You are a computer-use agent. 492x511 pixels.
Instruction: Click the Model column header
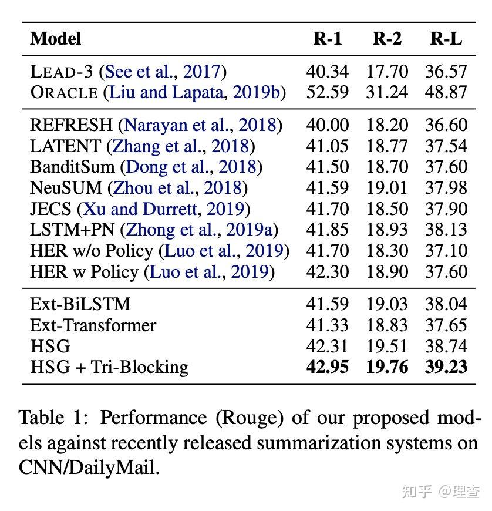point(55,39)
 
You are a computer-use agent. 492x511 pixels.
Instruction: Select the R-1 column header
point(327,39)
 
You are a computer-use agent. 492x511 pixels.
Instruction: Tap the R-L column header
point(446,39)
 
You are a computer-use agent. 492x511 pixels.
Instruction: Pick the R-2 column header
point(387,39)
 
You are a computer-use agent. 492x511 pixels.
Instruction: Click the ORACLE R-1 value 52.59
point(327,92)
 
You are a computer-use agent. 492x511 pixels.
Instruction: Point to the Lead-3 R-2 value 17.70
point(387,72)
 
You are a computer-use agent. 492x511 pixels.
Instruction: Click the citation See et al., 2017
point(162,72)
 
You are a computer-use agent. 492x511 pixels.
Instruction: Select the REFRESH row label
point(71,125)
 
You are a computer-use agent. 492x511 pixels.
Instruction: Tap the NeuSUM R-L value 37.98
point(446,188)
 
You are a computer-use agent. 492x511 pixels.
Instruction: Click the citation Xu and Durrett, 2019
point(164,209)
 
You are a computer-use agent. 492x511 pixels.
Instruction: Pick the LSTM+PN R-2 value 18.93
point(387,230)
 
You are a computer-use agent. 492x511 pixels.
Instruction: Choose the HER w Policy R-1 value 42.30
point(327,272)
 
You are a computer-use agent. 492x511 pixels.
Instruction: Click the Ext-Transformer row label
point(93,325)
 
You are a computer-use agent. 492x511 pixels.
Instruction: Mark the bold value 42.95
point(327,367)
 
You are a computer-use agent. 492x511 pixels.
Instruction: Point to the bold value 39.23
point(446,367)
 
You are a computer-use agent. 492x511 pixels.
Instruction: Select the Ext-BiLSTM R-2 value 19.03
point(387,304)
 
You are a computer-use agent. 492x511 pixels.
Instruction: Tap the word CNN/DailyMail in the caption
point(89,468)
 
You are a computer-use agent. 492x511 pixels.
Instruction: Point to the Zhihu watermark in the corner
point(440,491)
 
